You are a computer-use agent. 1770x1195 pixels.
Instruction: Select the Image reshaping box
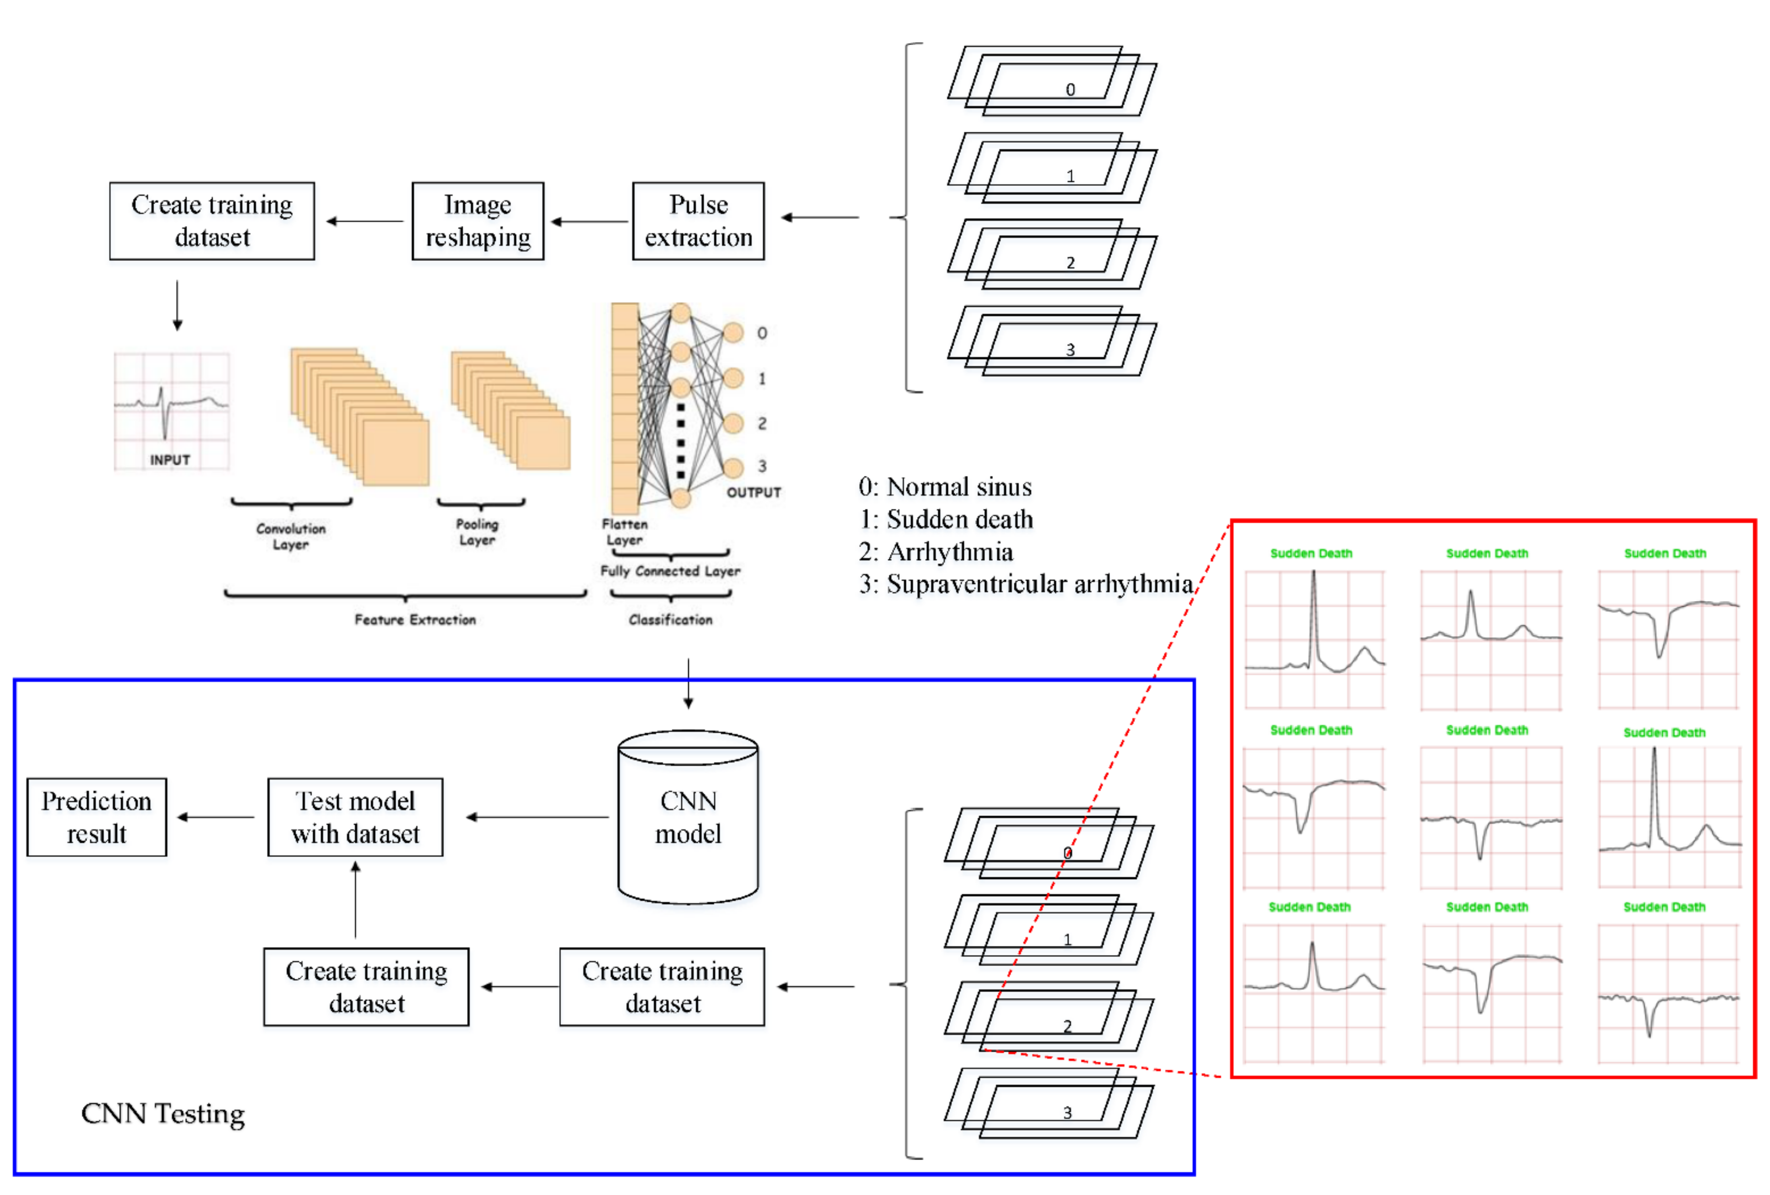coord(477,221)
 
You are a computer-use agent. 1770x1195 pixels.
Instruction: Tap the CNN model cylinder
coord(688,817)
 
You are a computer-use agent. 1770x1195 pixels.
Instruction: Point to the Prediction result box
coord(97,817)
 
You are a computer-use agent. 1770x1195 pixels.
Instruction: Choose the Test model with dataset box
coord(355,817)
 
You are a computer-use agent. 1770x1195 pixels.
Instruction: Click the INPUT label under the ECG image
coord(170,460)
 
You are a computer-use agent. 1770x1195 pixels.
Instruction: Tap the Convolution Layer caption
coord(291,536)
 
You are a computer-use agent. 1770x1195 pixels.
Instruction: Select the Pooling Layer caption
coord(477,532)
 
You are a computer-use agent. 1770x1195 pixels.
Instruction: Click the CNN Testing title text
coord(163,1113)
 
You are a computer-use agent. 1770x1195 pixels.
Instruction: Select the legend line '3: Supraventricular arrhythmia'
coord(1025,584)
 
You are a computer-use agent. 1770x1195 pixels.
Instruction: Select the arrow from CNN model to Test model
coord(537,817)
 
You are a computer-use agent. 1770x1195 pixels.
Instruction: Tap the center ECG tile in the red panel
coord(1490,817)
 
